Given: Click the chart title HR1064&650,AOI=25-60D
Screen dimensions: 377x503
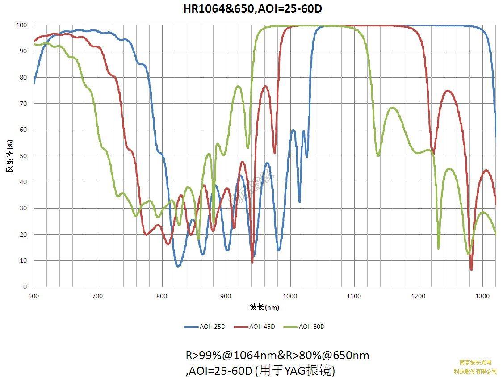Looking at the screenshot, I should [252, 8].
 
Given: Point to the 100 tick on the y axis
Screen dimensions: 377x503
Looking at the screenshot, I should [22, 25].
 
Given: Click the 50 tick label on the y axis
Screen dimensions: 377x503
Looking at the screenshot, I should [23, 156].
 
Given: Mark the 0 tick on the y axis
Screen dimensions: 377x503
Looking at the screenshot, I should [25, 287].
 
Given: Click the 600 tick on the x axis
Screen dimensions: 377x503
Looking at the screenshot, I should [34, 296].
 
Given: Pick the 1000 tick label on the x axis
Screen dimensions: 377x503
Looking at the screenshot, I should [290, 296].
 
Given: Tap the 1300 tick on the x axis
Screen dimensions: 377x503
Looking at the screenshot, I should [482, 296].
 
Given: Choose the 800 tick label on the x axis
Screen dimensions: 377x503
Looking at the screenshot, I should [162, 296].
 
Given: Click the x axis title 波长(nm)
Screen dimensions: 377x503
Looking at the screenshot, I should [264, 307].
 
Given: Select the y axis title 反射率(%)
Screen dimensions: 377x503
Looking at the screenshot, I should [10, 156].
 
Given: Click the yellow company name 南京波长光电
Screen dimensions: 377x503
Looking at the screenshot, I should [475, 363].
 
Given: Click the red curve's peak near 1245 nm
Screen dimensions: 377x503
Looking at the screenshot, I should [447, 91].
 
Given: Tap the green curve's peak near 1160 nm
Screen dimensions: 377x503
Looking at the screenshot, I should [393, 108].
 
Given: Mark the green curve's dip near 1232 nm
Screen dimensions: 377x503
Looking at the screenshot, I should [439, 248].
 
